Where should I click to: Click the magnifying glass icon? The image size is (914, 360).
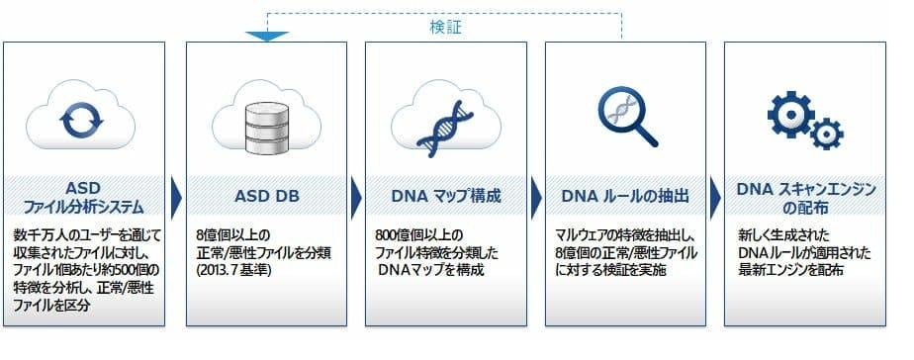627,116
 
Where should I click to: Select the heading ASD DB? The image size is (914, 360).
265,195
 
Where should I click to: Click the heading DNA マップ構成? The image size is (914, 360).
446,195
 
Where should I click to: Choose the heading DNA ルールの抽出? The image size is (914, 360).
626,195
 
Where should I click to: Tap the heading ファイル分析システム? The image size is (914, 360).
84,206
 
